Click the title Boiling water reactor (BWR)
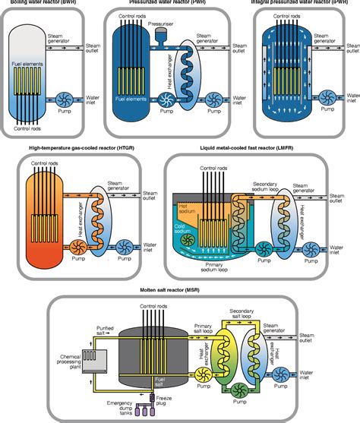click(45, 3)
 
